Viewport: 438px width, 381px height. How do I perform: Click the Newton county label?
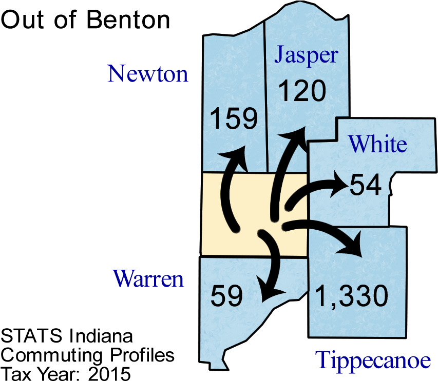click(148, 74)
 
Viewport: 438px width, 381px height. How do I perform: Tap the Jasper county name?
click(306, 55)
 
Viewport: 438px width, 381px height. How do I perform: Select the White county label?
click(377, 144)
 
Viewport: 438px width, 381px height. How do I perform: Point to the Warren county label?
click(148, 278)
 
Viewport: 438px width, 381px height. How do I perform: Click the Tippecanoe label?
click(373, 360)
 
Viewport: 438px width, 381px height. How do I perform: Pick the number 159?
click(234, 118)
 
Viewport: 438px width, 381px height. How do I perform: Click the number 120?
click(302, 90)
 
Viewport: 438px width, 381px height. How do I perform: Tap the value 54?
click(366, 185)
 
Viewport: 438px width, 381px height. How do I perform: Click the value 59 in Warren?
click(226, 296)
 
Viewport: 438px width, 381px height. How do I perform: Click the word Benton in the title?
click(128, 20)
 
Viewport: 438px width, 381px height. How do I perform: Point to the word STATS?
click(31, 335)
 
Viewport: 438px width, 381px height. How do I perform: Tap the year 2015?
click(109, 373)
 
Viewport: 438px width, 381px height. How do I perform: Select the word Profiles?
click(142, 355)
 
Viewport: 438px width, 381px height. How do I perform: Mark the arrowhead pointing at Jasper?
click(295, 139)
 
